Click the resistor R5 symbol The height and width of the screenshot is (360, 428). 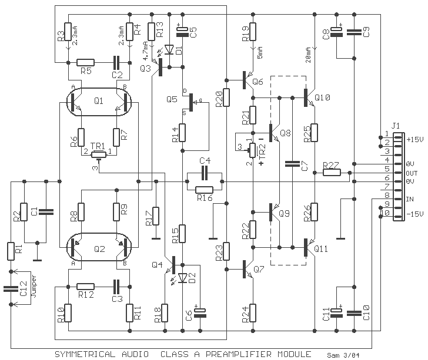click(85, 62)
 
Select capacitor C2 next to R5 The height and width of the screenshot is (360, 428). click(116, 62)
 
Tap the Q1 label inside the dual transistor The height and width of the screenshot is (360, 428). click(99, 101)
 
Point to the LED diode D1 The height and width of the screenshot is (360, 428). click(170, 50)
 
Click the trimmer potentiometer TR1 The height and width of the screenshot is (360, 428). click(98, 154)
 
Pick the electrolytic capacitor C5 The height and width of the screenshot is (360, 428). click(183, 32)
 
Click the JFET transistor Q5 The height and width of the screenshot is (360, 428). click(192, 102)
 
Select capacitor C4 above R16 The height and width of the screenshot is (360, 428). click(205, 173)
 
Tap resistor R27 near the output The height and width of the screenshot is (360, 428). click(332, 172)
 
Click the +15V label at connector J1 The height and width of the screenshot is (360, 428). click(415, 139)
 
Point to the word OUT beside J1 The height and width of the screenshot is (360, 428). click(412, 173)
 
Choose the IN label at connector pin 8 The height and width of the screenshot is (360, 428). click(410, 199)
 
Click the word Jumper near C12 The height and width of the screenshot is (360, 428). click(34, 286)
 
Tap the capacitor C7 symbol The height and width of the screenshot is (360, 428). click(292, 164)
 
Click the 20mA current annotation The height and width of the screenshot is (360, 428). click(309, 55)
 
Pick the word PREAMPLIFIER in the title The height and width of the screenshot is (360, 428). click(239, 354)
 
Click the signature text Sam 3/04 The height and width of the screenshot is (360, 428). click(343, 355)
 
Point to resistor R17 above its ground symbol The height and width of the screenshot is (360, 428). click(156, 216)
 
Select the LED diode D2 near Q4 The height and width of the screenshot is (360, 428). click(183, 278)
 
